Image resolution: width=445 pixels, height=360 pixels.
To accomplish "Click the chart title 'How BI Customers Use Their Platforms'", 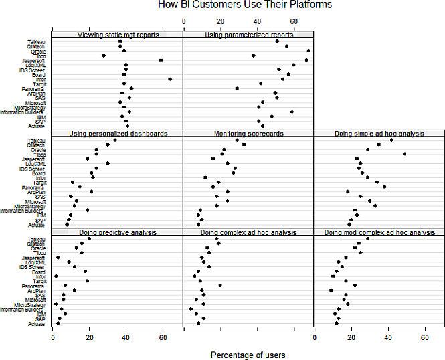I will point(245,5).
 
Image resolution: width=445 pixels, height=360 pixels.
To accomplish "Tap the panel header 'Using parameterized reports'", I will point(248,35).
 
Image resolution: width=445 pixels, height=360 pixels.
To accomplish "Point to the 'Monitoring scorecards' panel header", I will point(248,134).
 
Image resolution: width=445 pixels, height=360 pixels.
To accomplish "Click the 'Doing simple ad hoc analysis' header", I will point(379,134).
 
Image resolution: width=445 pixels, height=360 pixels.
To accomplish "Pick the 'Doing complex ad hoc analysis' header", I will point(248,232).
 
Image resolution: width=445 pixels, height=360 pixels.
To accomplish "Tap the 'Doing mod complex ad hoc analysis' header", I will point(379,232).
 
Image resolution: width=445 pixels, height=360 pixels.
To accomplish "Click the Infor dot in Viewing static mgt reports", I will point(170,79).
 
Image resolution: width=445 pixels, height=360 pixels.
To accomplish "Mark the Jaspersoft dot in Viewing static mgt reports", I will point(161,60).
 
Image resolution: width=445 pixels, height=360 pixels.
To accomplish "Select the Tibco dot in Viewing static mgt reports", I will point(104,56).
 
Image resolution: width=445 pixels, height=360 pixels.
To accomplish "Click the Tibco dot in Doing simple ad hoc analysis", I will point(405,154).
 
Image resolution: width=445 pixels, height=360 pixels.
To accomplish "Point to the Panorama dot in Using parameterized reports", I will point(237,88).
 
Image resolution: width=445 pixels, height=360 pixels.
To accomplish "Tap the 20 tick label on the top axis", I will point(220,21).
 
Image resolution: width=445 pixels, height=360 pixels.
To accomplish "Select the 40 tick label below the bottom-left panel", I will point(126,338).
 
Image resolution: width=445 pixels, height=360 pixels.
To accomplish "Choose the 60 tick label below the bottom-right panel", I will point(424,338).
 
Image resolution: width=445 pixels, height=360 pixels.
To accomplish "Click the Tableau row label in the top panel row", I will point(36,41).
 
